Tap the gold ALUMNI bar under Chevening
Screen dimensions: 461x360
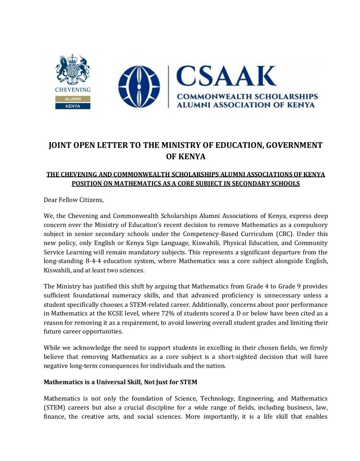click(73, 99)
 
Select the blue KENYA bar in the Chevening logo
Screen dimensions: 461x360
click(73, 106)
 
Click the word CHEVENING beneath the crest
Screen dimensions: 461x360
click(73, 90)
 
